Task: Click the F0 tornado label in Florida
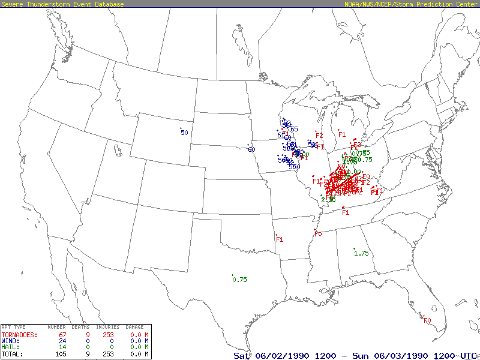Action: click(427, 321)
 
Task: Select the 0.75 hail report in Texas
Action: click(240, 280)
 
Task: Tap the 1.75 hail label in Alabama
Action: click(361, 253)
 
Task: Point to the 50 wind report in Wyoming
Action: click(184, 132)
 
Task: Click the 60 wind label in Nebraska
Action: click(251, 149)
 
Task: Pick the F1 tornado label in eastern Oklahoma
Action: click(279, 239)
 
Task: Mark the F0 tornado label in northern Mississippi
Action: click(318, 234)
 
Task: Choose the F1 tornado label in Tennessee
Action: click(346, 212)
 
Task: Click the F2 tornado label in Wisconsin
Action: click(319, 136)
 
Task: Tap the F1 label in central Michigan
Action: click(342, 134)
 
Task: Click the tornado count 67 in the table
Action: click(61, 335)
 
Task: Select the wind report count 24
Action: click(61, 341)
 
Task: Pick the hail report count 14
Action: click(61, 347)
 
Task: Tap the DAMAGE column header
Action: click(135, 327)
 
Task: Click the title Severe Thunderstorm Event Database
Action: click(62, 4)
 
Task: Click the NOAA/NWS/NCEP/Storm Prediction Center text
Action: click(411, 4)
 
